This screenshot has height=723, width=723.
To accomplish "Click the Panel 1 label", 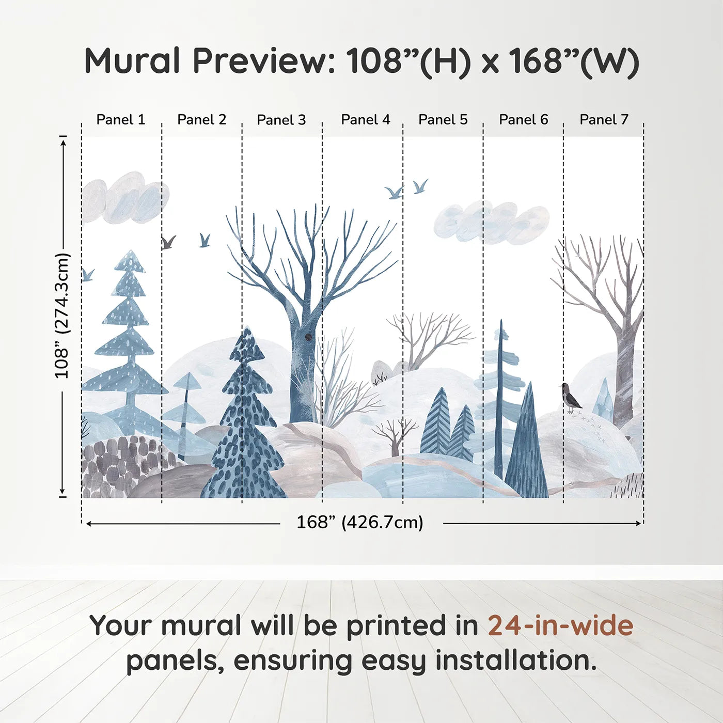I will click(121, 120).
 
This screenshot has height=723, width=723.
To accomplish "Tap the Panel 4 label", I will click(366, 120).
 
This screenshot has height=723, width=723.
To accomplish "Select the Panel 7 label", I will click(604, 120).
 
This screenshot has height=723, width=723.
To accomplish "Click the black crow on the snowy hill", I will click(571, 398).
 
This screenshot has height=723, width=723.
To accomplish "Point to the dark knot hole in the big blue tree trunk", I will click(308, 337).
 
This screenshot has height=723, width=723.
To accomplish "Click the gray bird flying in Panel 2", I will click(168, 242).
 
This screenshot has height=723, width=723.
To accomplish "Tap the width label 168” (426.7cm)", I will click(359, 523).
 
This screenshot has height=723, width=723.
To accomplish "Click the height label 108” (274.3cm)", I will click(62, 316).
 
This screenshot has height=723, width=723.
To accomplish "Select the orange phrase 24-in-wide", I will click(560, 625).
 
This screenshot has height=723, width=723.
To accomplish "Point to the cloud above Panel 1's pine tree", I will click(124, 199).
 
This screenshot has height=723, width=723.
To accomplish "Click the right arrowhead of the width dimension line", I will click(639, 523).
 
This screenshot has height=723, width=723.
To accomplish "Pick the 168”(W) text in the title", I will click(574, 61).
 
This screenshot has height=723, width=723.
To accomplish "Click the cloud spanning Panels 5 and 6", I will click(491, 222).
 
